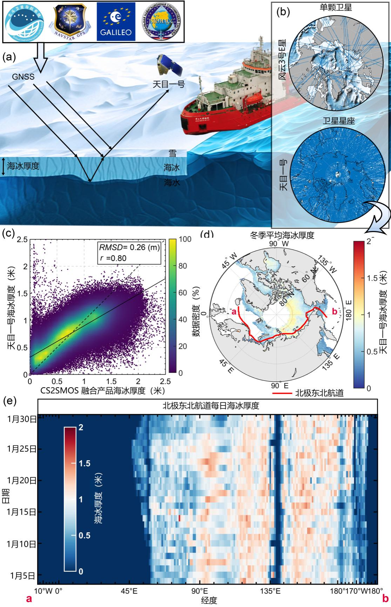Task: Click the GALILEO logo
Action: tap(116, 21)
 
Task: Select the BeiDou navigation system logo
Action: tap(24, 22)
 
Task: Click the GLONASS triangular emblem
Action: tap(161, 22)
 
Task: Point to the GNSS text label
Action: tap(23, 76)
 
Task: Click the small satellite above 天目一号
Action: tap(169, 66)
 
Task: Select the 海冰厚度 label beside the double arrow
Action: tap(23, 166)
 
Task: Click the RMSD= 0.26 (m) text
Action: tap(129, 247)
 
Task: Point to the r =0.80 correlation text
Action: tap(112, 258)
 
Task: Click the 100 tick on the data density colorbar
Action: tap(185, 239)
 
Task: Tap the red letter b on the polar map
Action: tap(334, 311)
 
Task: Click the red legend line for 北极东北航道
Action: tap(282, 393)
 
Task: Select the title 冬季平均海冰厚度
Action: tap(282, 235)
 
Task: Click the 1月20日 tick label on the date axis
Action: tap(21, 480)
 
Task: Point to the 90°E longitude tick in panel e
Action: tap(200, 591)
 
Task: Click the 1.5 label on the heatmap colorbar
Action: tap(85, 463)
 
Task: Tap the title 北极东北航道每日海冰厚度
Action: tap(210, 406)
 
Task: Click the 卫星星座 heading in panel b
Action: tap(339, 121)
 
